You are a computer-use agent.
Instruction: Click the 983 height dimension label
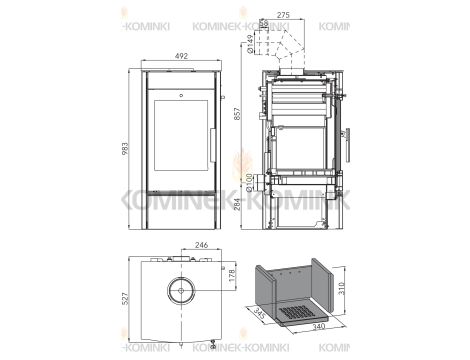click(x=124, y=145)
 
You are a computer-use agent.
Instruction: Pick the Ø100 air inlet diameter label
click(x=247, y=182)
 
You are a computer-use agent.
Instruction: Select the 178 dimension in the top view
click(x=232, y=275)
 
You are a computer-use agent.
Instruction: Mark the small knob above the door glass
click(x=181, y=95)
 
